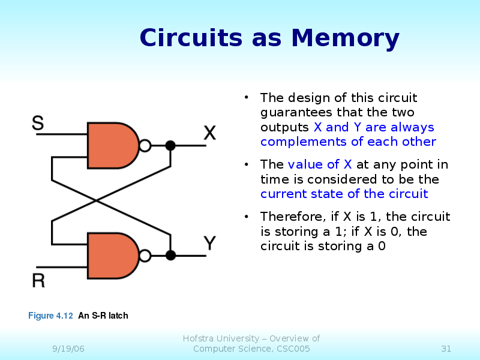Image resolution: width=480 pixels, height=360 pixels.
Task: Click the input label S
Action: [x=37, y=123]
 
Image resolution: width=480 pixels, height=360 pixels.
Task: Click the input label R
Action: [x=38, y=280]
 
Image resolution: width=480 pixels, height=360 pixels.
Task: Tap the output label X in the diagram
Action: [x=209, y=133]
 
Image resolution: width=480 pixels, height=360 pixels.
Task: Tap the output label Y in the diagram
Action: [x=209, y=243]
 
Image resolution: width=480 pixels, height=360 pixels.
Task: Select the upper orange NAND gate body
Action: [x=111, y=145]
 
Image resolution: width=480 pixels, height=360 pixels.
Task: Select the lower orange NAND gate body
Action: [x=111, y=256]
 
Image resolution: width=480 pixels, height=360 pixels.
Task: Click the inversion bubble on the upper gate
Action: [x=145, y=145]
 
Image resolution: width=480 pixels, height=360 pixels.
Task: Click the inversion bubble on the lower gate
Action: [x=145, y=256]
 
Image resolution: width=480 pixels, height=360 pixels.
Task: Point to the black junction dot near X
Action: [x=170, y=145]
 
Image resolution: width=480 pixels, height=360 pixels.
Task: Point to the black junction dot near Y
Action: [x=170, y=256]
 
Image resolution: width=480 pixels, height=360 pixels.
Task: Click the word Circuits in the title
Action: [x=193, y=38]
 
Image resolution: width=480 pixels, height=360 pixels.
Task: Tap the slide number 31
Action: [x=446, y=349]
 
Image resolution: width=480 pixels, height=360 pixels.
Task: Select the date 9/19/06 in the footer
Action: [x=68, y=349]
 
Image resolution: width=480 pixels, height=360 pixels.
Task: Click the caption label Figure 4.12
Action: [x=50, y=316]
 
